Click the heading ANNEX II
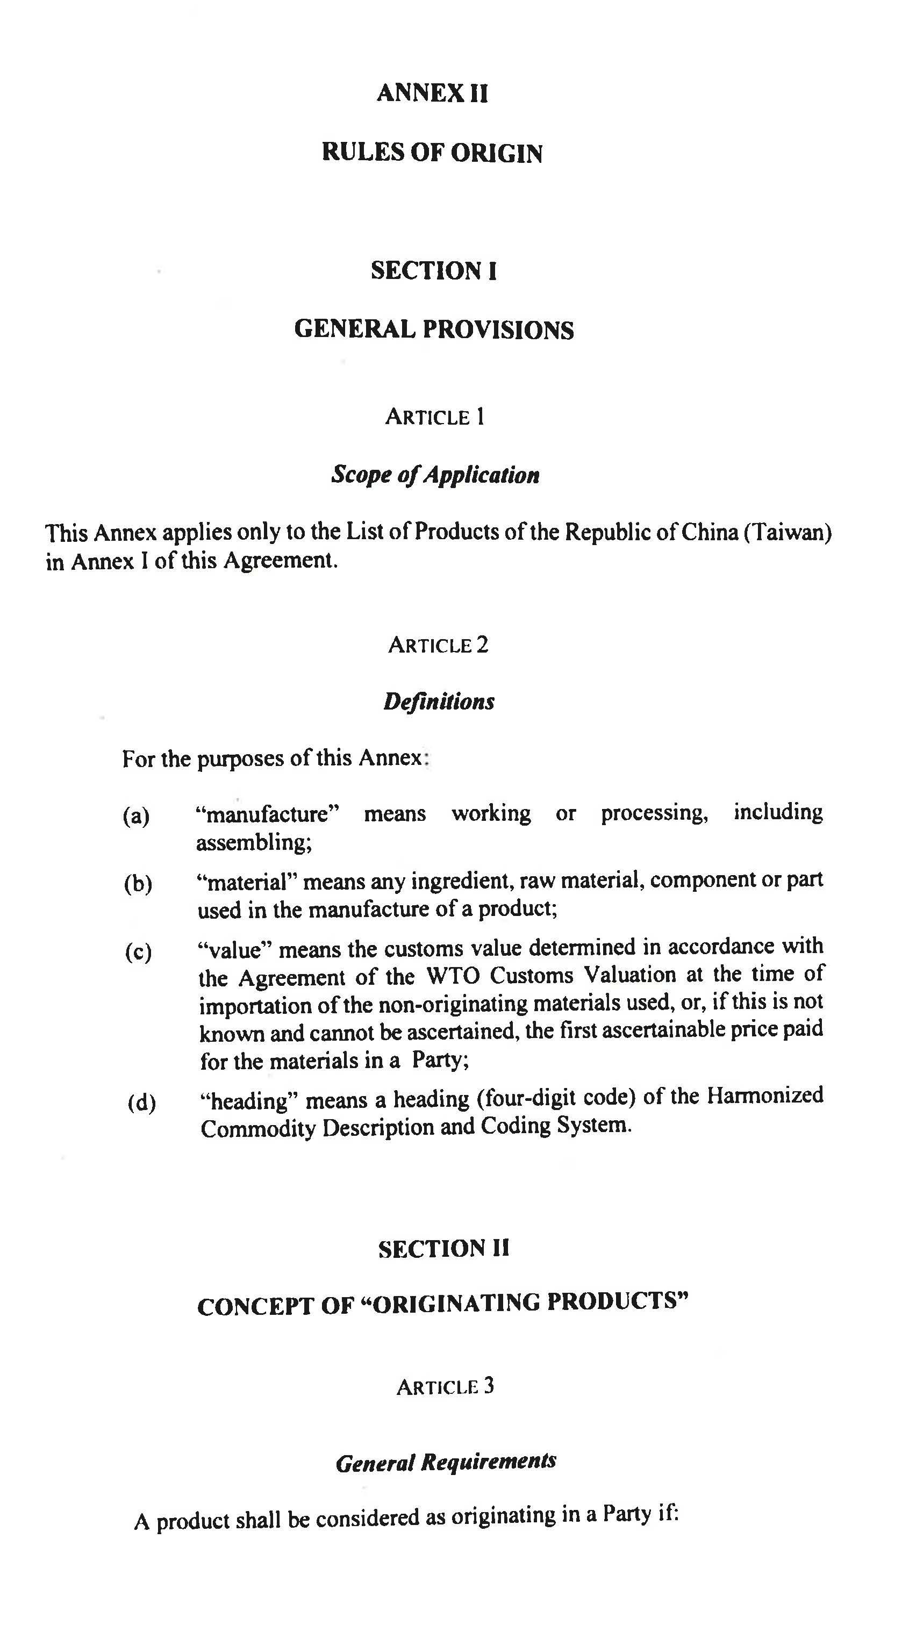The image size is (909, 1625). [432, 94]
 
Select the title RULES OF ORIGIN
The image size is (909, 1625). [432, 153]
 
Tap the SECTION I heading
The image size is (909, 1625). [434, 271]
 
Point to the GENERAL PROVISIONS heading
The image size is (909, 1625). [434, 330]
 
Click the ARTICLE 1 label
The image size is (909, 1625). [435, 417]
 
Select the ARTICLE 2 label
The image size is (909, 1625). [439, 645]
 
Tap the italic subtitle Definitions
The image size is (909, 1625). [439, 701]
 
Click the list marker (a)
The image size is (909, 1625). [136, 817]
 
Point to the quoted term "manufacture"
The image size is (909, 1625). [268, 814]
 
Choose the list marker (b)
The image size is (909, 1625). [138, 884]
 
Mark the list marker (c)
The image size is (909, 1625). [138, 952]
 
